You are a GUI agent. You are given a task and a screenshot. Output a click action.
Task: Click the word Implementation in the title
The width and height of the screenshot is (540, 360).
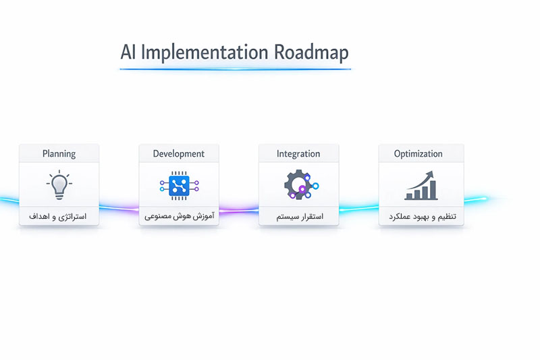click(x=205, y=53)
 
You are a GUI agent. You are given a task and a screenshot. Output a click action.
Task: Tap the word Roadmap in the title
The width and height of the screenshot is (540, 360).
click(x=311, y=53)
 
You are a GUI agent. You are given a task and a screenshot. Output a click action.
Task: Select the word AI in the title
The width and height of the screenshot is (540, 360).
click(x=128, y=52)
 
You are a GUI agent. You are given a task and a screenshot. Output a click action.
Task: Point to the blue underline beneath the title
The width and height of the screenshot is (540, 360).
click(x=235, y=70)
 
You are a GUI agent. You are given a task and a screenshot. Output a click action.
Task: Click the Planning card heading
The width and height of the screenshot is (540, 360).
click(x=59, y=153)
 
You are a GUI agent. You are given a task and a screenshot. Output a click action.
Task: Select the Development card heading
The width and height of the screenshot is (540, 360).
click(x=178, y=153)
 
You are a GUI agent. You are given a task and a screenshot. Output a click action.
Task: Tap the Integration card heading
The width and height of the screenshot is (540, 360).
click(x=298, y=153)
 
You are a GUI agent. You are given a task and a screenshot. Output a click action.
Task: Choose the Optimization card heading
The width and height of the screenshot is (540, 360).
click(x=418, y=153)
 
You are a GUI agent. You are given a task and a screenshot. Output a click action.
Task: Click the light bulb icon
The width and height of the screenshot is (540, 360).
click(x=59, y=184)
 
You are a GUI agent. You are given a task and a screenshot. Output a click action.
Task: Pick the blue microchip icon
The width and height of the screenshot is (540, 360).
click(x=179, y=186)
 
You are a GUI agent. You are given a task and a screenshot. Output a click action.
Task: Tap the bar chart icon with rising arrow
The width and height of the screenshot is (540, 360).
click(x=421, y=186)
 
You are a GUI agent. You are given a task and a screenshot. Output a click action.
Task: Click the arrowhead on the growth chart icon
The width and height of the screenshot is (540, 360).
click(x=430, y=174)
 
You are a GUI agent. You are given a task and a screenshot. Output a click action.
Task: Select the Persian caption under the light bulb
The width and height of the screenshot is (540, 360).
click(x=57, y=216)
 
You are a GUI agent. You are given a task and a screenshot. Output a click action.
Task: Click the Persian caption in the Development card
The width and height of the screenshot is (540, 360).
click(x=179, y=216)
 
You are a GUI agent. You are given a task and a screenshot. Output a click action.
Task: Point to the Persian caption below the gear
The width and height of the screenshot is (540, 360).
click(x=300, y=216)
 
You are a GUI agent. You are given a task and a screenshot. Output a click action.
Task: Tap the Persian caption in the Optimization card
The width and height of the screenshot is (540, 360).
click(x=423, y=216)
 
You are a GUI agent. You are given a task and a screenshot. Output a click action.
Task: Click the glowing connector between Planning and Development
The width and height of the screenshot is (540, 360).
click(x=119, y=208)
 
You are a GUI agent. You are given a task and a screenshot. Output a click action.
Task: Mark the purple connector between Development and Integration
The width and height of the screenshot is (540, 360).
click(x=239, y=209)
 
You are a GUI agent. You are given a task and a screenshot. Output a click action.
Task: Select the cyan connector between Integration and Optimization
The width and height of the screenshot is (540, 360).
click(x=358, y=208)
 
